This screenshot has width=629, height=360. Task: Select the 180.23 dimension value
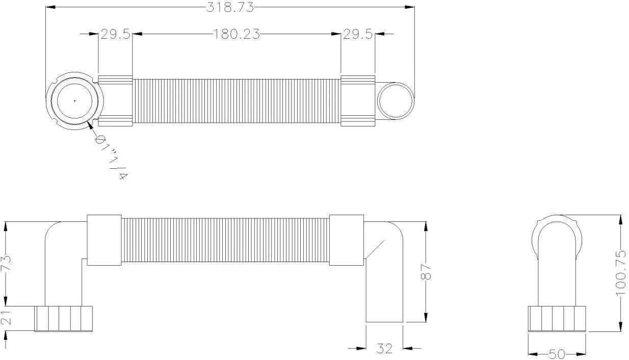237,34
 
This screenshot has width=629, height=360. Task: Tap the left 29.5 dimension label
115,34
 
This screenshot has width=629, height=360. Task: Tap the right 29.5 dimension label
357,34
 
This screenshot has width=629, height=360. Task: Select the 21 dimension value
6,319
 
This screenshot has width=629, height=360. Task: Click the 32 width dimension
384,349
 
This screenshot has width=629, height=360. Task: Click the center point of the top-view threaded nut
74,101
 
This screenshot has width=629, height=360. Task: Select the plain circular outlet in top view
396,100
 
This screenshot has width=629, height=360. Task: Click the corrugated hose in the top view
237,101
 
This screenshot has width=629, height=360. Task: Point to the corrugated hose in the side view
225,240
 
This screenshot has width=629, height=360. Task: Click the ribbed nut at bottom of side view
63,318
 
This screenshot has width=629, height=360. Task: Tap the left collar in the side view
104,240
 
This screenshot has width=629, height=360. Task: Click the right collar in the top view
358,100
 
